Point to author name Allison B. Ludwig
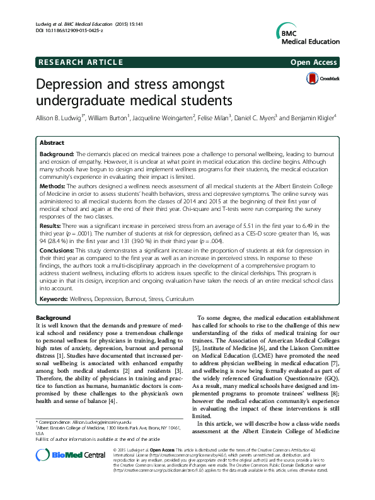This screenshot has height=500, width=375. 60,117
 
